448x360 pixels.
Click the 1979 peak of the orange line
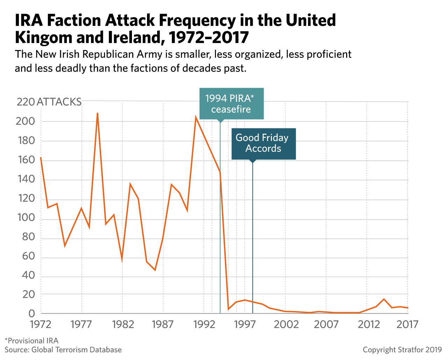pyautogui.click(x=98, y=113)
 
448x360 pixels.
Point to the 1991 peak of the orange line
pyautogui.click(x=196, y=117)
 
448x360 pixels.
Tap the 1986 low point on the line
pyautogui.click(x=155, y=270)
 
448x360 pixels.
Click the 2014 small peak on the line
pyautogui.click(x=384, y=299)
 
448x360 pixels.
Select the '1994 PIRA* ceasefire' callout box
pyautogui.click(x=231, y=104)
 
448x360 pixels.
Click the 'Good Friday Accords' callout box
pyautogui.click(x=263, y=143)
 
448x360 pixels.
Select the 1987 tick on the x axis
pyautogui.click(x=163, y=325)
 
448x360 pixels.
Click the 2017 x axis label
pyautogui.click(x=408, y=325)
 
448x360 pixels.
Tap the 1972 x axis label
pyautogui.click(x=41, y=325)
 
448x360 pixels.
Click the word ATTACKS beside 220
pyautogui.click(x=59, y=102)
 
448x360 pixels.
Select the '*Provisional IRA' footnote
pyautogui.click(x=31, y=340)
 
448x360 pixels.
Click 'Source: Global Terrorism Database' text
pyautogui.click(x=63, y=350)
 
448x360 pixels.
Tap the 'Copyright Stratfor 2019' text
pyautogui.click(x=402, y=350)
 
